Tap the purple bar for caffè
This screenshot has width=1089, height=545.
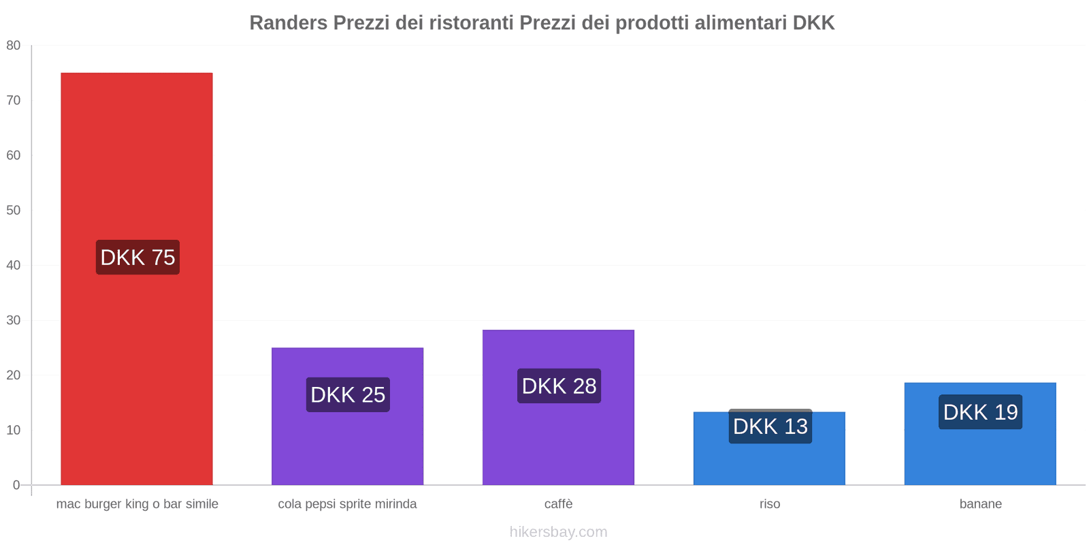tap(558, 443)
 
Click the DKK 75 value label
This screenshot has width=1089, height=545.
tap(137, 258)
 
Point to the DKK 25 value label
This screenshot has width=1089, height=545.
tap(348, 394)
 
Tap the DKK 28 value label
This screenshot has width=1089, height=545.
tap(559, 386)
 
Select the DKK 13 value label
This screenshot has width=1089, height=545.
tap(770, 426)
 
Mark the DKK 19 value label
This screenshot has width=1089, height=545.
tap(980, 412)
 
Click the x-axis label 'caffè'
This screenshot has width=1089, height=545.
tap(558, 504)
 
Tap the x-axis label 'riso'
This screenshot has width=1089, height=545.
tap(770, 504)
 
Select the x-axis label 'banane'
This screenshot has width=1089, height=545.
tap(980, 504)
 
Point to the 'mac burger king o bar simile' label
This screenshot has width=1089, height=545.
tap(137, 504)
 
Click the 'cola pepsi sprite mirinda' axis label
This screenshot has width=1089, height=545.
tap(347, 504)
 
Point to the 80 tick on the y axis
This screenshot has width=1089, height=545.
tap(14, 46)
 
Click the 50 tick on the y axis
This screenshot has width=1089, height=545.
tap(14, 211)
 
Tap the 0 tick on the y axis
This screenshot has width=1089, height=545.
tap(16, 485)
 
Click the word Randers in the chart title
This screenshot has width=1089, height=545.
tap(289, 23)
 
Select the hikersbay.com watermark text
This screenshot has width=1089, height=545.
tap(558, 532)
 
